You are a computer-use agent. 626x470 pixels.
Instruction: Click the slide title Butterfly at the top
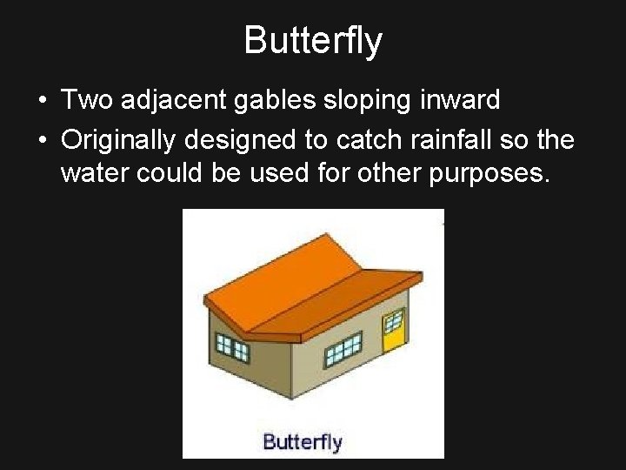click(312, 40)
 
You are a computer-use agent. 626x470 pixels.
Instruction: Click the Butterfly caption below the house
click(303, 441)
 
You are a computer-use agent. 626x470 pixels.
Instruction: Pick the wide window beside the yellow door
click(343, 350)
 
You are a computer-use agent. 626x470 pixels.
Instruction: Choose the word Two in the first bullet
click(85, 101)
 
